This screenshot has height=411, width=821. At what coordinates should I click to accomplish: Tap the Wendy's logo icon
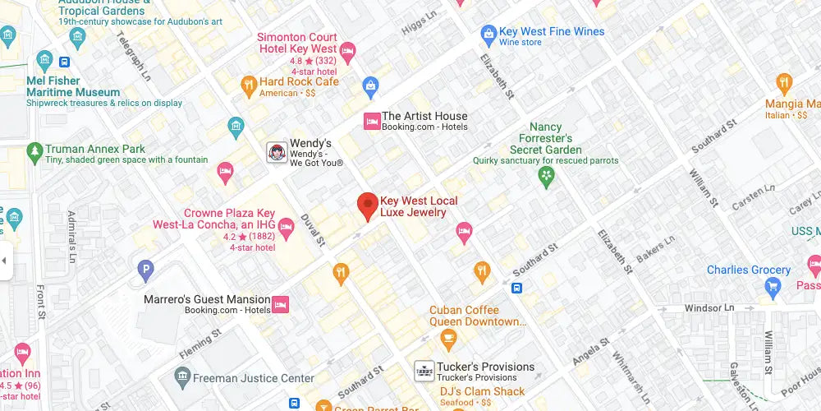[277, 151]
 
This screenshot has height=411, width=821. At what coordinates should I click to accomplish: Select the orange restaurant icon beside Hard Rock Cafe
[248, 83]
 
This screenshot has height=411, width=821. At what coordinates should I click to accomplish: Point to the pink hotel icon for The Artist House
[370, 122]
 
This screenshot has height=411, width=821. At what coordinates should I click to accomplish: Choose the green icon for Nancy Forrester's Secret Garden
[545, 175]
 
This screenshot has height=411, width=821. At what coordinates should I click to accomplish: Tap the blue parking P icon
[146, 268]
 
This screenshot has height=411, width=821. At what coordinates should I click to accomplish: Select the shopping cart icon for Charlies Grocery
[772, 285]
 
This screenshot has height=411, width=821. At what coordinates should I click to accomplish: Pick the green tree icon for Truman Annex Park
[34, 150]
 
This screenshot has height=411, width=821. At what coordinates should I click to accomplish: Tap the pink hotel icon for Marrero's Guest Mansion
[280, 305]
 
